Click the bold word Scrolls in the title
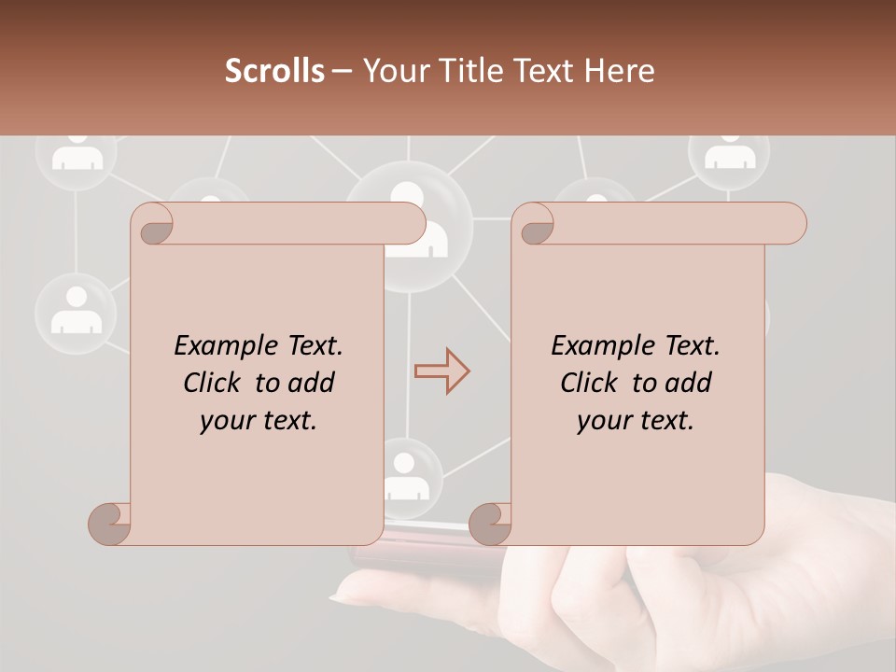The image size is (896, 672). pyautogui.click(x=274, y=71)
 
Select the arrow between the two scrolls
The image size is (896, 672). pyautogui.click(x=441, y=371)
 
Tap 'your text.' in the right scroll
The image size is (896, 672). pyautogui.click(x=636, y=421)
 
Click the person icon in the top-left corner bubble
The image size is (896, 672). pyautogui.click(x=77, y=153)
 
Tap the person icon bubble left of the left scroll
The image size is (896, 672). pyautogui.click(x=76, y=312)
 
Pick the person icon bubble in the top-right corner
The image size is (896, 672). pyautogui.click(x=730, y=151)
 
